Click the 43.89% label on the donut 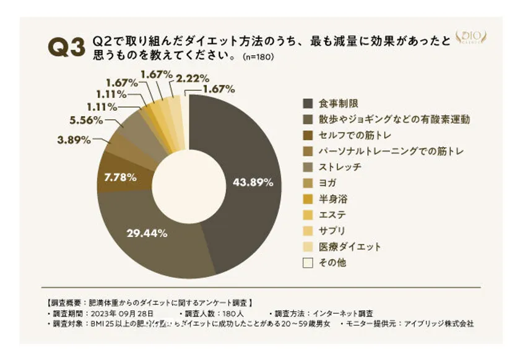pos(252,182)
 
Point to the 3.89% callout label pos(74,140)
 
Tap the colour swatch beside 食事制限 pos(308,103)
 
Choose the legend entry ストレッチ pos(339,167)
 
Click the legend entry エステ pos(332,215)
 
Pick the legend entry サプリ pos(332,231)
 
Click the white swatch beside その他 pos(308,263)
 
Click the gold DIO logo pos(472,38)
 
